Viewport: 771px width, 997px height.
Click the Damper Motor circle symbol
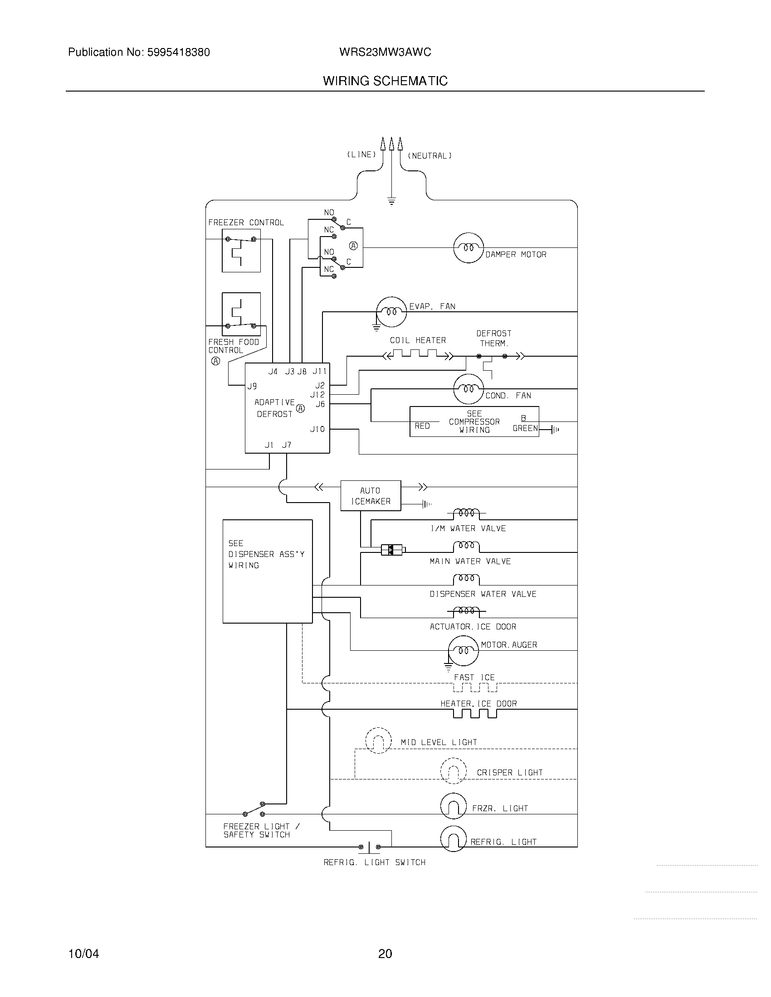click(468, 248)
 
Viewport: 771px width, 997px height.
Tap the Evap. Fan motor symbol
click(391, 312)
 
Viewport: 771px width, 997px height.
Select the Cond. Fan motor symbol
click(468, 389)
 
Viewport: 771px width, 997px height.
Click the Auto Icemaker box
click(371, 496)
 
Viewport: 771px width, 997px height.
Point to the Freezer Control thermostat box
click(241, 251)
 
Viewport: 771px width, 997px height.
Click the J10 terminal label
click(317, 429)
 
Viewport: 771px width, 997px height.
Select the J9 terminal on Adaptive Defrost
click(252, 386)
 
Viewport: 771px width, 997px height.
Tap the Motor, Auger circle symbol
click(463, 650)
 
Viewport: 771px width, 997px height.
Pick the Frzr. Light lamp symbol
click(453, 806)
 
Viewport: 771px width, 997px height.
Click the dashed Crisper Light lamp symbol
click(453, 771)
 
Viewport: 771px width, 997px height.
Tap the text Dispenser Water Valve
click(483, 594)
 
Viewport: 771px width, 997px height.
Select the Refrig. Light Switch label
click(375, 862)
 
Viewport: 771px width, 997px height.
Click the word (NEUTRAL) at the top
click(429, 155)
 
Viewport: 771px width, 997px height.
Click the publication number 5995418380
click(178, 53)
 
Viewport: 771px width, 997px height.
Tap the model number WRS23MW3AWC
click(385, 52)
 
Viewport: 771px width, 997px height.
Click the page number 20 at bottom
click(385, 953)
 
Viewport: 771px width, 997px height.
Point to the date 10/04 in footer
click(83, 953)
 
